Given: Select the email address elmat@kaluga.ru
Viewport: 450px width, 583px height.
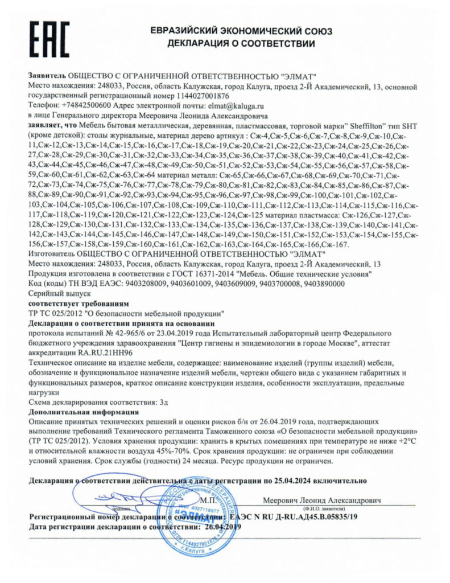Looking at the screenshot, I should click(x=237, y=106).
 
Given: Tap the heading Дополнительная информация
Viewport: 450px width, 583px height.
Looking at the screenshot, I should click(x=85, y=411).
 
